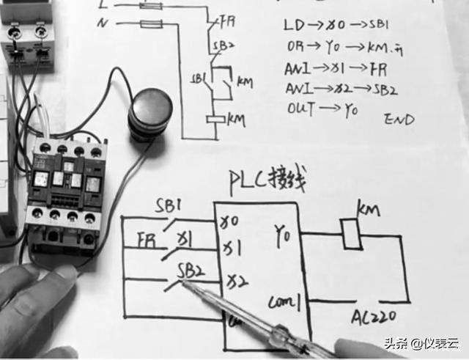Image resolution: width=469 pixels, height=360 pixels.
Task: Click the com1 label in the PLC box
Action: [283, 301]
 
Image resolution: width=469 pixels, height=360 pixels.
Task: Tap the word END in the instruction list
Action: [399, 119]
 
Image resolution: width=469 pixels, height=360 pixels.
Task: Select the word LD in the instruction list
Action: [293, 25]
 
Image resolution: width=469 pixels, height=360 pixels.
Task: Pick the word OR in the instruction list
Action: [293, 46]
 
